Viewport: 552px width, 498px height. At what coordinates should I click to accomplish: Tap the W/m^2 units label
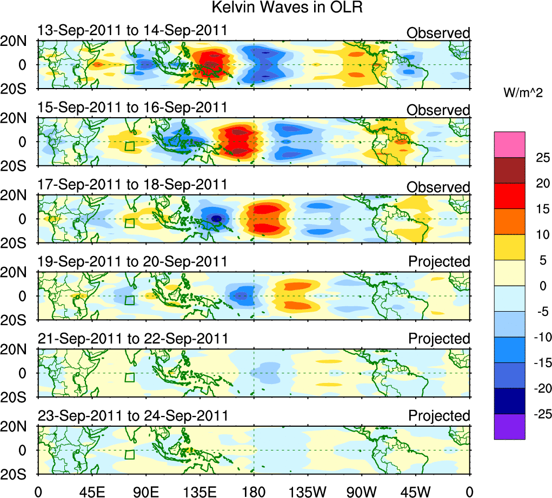click(x=523, y=93)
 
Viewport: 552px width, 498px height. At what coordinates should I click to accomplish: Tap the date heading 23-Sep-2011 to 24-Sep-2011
click(x=132, y=416)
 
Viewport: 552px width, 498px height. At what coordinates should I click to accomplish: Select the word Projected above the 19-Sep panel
click(x=439, y=262)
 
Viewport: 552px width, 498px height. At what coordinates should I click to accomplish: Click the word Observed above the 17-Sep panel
click(x=438, y=187)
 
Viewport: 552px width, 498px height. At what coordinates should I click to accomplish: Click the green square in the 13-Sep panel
click(x=129, y=69)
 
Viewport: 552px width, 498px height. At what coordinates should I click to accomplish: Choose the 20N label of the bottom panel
click(x=18, y=427)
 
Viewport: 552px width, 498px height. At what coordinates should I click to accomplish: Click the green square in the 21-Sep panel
click(x=129, y=378)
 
